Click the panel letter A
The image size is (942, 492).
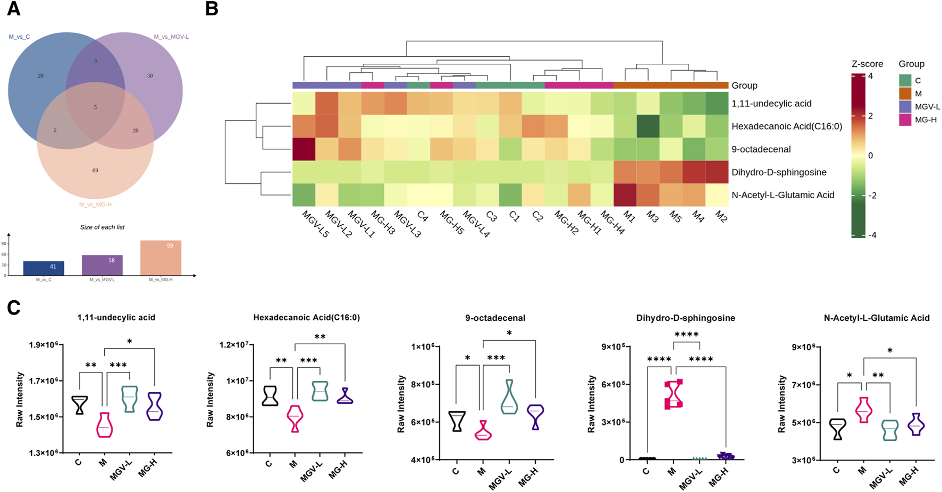pyautogui.click(x=13, y=9)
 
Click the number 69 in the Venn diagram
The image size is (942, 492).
pyautogui.click(x=95, y=171)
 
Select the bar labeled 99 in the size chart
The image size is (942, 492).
pyautogui.click(x=161, y=258)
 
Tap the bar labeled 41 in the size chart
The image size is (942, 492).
pyautogui.click(x=44, y=268)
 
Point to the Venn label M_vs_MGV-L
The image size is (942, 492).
pyautogui.click(x=171, y=37)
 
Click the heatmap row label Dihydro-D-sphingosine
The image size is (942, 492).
pyautogui.click(x=779, y=172)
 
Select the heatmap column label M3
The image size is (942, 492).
pyautogui.click(x=652, y=216)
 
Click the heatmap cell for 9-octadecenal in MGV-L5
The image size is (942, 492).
pyautogui.click(x=304, y=149)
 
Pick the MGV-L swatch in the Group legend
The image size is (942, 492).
pyautogui.click(x=905, y=107)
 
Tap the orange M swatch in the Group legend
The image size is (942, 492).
pyautogui.click(x=905, y=94)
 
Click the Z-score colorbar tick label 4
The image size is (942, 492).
pyautogui.click(x=870, y=77)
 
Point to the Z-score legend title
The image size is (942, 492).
pyautogui.click(x=867, y=64)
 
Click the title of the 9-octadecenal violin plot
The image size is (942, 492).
pyautogui.click(x=495, y=318)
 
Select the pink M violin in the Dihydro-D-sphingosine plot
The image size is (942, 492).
pyautogui.click(x=673, y=395)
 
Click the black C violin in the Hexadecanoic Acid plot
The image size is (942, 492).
pyautogui.click(x=270, y=396)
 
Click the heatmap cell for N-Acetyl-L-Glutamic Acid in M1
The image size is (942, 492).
pyautogui.click(x=625, y=195)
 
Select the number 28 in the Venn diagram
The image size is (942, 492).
pyautogui.click(x=40, y=76)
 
